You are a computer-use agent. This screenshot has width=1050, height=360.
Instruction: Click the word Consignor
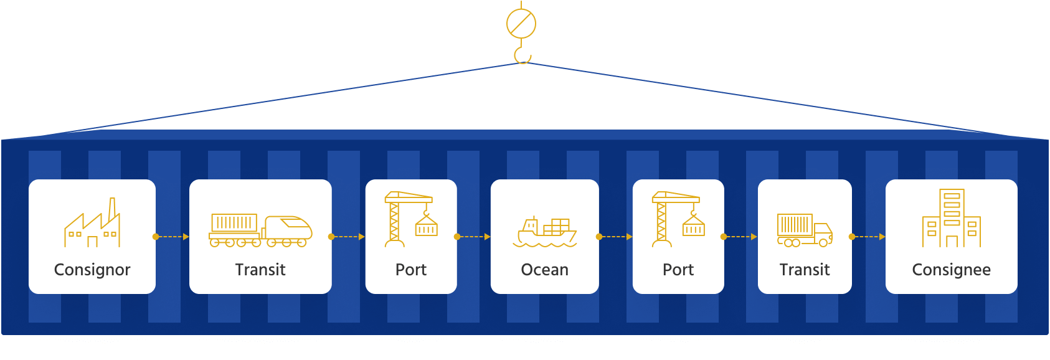coord(92,270)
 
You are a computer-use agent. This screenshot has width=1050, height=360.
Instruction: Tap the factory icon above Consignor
coord(92,223)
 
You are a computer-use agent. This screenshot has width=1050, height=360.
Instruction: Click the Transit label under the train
coord(260,270)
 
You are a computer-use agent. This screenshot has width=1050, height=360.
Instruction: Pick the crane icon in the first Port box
coord(410,219)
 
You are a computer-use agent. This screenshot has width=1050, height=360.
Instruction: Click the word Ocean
coord(544,270)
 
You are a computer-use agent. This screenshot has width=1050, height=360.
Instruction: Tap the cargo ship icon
coord(545,232)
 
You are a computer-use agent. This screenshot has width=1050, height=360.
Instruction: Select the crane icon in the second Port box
coord(678,219)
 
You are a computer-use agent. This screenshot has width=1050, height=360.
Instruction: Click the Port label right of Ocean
coord(678,270)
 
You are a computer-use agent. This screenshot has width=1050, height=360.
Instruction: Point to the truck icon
coord(805,230)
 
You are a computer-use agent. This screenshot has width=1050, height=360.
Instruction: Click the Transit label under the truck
coord(805,270)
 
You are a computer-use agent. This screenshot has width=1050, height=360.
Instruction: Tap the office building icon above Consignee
coord(951,219)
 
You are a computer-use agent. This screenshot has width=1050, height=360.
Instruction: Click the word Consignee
coord(951,270)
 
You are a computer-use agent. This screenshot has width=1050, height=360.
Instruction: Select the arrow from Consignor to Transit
coord(171,237)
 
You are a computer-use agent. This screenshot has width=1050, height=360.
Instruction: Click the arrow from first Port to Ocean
coord(473,237)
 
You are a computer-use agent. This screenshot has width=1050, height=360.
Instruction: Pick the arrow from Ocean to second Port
coord(615,237)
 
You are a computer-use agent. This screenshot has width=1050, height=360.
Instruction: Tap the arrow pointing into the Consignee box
coord(868,237)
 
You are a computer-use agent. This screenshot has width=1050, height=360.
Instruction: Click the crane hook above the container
coord(522,54)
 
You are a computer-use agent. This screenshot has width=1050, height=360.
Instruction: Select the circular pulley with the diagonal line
coord(521,24)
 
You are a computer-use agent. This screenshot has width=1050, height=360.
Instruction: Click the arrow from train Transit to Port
coord(348,237)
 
